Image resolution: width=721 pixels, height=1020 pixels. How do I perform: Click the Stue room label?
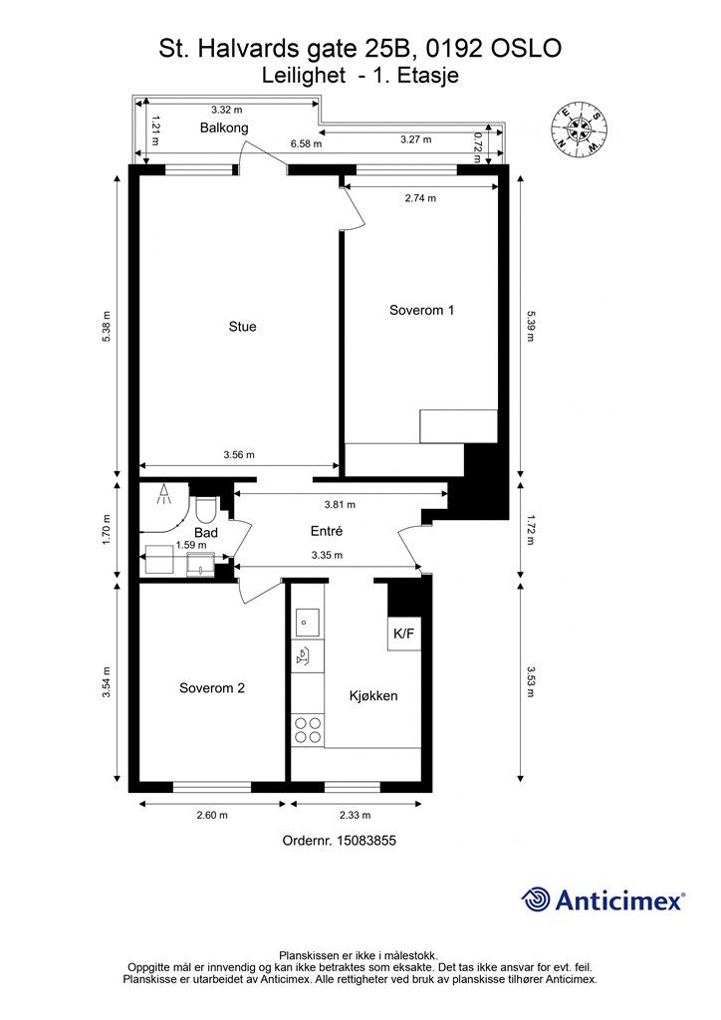243,327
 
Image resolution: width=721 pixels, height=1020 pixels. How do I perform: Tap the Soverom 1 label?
421,311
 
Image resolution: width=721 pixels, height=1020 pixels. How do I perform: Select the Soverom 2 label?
212,688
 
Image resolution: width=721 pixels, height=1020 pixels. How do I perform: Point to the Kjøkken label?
373,696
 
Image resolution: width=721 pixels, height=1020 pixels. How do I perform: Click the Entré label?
327,532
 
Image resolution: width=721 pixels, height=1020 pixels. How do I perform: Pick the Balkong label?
224,128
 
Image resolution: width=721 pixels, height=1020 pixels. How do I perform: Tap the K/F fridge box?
403,633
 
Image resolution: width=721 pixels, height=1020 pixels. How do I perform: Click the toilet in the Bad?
205,509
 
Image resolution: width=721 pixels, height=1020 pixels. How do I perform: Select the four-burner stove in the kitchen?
308,730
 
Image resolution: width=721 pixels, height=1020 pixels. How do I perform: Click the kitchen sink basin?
307,623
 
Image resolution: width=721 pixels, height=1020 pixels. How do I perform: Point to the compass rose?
579,129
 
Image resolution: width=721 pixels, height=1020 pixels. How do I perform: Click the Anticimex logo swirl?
536,899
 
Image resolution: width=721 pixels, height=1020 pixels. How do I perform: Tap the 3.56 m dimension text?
239,454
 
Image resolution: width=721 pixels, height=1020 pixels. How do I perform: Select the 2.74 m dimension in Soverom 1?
420,198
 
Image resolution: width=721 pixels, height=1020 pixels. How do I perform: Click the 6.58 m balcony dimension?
306,143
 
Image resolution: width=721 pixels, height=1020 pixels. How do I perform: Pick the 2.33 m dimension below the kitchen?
355,815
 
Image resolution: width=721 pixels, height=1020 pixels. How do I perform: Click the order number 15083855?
366,841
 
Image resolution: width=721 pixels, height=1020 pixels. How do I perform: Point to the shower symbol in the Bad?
164,494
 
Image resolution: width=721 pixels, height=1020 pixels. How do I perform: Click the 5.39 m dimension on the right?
531,326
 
